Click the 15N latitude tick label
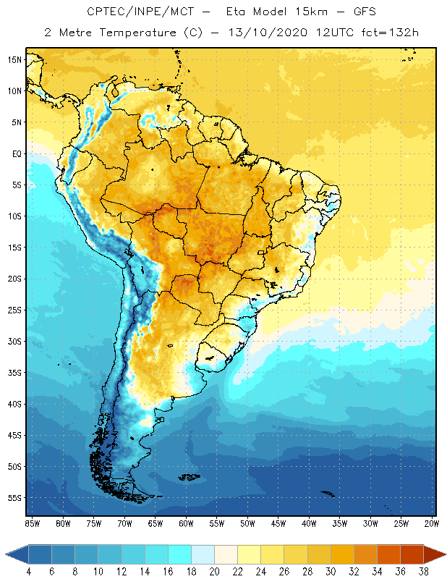pyautogui.click(x=14, y=59)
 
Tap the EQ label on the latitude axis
pyautogui.click(x=15, y=153)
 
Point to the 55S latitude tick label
pyautogui.click(x=14, y=498)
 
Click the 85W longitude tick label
pyautogui.click(x=32, y=523)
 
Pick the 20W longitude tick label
pyautogui.click(x=431, y=523)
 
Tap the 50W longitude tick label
pyautogui.click(x=247, y=523)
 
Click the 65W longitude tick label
pyautogui.click(x=155, y=523)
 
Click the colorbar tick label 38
pyautogui.click(x=423, y=572)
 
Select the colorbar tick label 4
pyautogui.click(x=28, y=572)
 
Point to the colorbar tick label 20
pyautogui.click(x=213, y=572)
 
